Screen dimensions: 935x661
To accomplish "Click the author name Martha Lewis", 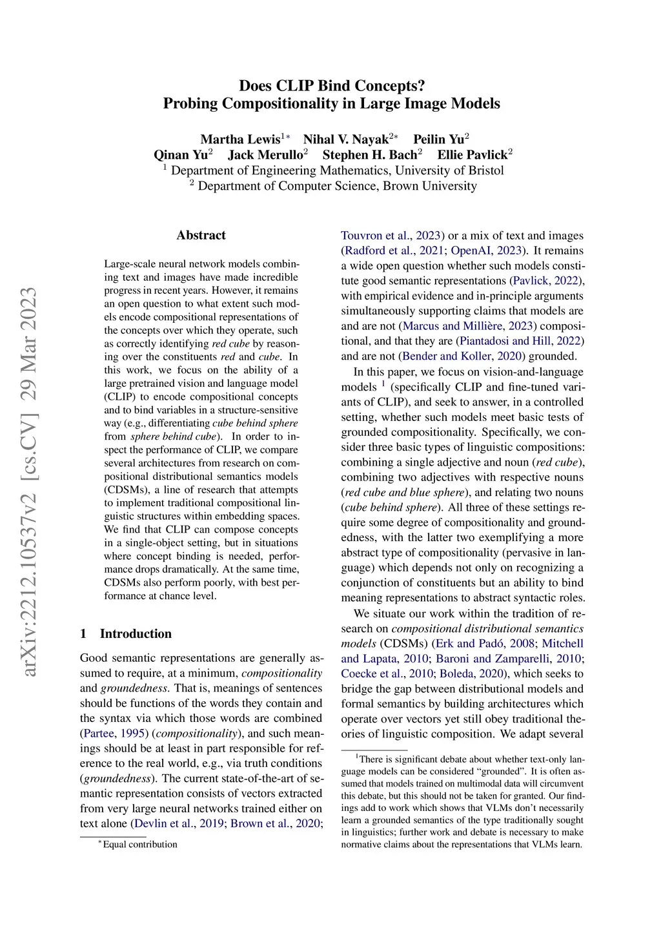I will [x=240, y=139].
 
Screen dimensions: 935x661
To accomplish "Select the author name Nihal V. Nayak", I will [x=346, y=139].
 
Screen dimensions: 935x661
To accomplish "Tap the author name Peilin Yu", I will [x=438, y=139].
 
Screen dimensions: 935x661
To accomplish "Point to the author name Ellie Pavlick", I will [x=473, y=155].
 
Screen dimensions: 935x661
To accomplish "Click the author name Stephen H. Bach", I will [x=370, y=155].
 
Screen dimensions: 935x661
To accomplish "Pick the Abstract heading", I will [x=201, y=235].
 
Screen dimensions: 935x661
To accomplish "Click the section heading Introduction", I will [x=136, y=633].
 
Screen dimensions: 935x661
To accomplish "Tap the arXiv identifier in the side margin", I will [x=28, y=481].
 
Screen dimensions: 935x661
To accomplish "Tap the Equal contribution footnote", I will [x=139, y=845].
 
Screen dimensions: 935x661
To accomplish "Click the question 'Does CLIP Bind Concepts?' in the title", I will [x=332, y=86].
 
